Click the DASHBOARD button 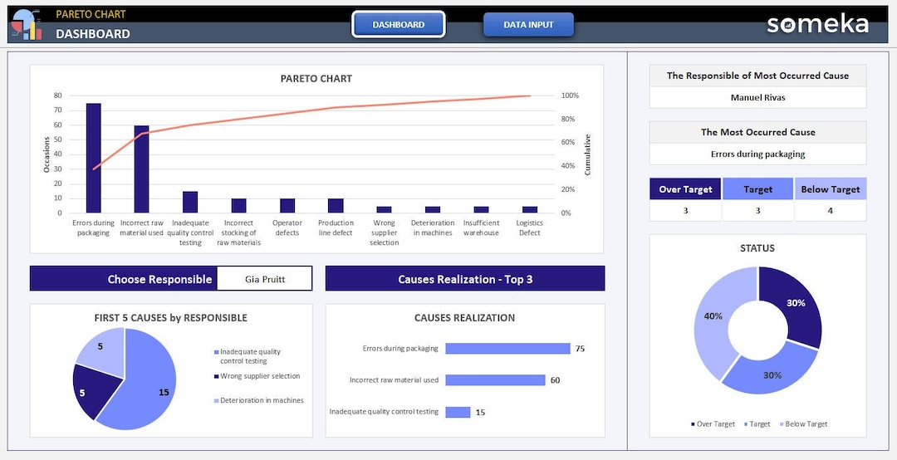(399, 25)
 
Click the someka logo (817, 24)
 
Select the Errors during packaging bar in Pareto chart (93, 158)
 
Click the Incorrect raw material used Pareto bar (142, 169)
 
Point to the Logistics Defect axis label (529, 228)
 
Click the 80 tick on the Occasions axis (58, 95)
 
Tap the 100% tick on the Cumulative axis (571, 95)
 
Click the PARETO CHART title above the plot (316, 79)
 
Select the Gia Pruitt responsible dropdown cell (265, 279)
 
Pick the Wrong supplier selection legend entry (259, 376)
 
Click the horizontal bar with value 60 (495, 380)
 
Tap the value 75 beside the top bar (580, 349)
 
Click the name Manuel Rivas (757, 97)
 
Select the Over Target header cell (685, 189)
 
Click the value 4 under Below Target (830, 211)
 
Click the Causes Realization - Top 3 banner (465, 279)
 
